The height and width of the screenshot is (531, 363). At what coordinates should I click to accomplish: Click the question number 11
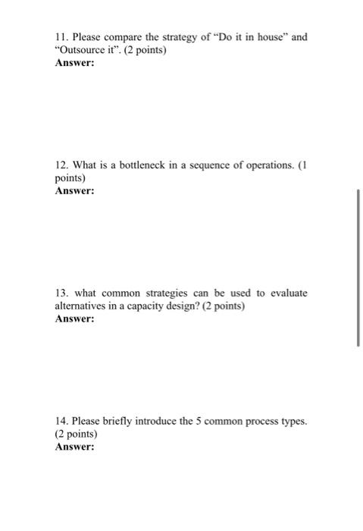[61, 36]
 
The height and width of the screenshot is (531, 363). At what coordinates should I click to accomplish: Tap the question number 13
[61, 292]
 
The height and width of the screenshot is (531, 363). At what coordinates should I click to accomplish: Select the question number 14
[61, 420]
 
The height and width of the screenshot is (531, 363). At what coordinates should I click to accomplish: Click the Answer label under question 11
[75, 64]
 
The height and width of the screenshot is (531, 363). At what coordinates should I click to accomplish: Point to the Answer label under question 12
[75, 191]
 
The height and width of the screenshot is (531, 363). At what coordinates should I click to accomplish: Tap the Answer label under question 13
[75, 319]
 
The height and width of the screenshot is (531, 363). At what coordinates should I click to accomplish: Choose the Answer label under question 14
[75, 448]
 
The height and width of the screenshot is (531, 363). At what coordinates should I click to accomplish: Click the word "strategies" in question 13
[162, 292]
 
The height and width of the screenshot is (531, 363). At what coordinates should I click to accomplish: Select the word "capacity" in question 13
[159, 306]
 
